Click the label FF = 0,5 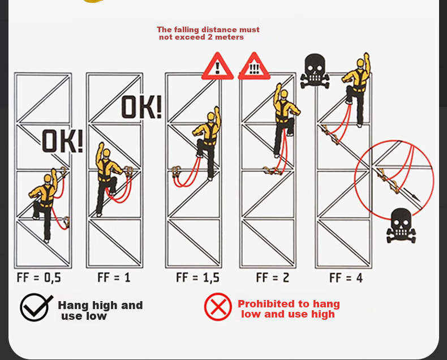click(39, 277)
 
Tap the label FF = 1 click(114, 277)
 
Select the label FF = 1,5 click(197, 277)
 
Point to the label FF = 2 click(273, 277)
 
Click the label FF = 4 click(346, 277)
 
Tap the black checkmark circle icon click(36, 307)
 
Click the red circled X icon click(218, 307)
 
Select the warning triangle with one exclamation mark click(217, 66)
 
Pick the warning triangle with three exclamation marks click(254, 66)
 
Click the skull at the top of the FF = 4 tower click(315, 71)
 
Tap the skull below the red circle click(401, 225)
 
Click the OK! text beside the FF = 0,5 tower click(62, 141)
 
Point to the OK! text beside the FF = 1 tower click(141, 107)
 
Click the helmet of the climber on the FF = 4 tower click(360, 62)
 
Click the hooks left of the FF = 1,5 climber click(177, 172)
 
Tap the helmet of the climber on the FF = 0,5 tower click(48, 178)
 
